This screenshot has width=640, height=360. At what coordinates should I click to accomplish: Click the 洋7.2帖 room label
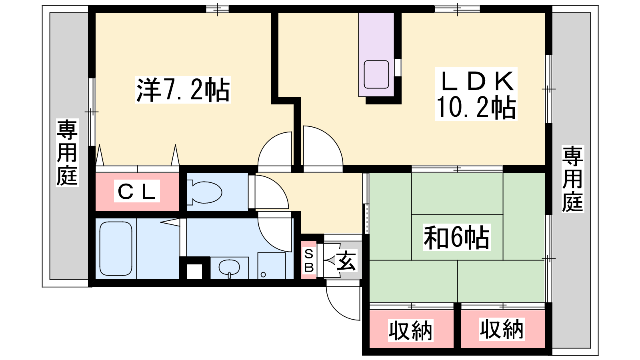[x=183, y=90]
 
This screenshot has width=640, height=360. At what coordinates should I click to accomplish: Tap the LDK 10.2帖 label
[x=476, y=94]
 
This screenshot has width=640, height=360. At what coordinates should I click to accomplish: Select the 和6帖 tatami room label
[x=456, y=237]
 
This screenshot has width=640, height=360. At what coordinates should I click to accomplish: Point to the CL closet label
[x=137, y=191]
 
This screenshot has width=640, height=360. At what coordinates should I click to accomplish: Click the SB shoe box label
[x=309, y=260]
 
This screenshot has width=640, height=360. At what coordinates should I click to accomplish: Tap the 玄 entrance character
[x=346, y=260]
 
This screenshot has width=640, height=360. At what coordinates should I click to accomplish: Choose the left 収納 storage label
[x=410, y=330]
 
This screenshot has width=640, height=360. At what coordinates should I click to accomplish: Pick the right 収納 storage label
[x=502, y=329]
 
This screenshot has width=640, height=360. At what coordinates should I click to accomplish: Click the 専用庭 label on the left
[x=67, y=152]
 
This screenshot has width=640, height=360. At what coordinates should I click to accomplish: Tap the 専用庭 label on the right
[x=572, y=179]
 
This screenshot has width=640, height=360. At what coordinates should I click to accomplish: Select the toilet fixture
[x=204, y=192]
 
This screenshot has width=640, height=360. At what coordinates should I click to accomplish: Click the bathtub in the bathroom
[x=116, y=248]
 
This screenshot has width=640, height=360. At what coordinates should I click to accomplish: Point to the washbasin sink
[x=229, y=268]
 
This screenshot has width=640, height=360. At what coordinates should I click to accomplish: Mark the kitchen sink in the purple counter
[x=376, y=74]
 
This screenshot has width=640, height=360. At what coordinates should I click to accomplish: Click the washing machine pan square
[x=272, y=266]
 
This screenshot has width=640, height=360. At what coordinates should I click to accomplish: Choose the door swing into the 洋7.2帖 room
[x=275, y=148]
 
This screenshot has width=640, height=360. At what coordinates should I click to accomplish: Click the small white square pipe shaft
[x=194, y=272]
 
